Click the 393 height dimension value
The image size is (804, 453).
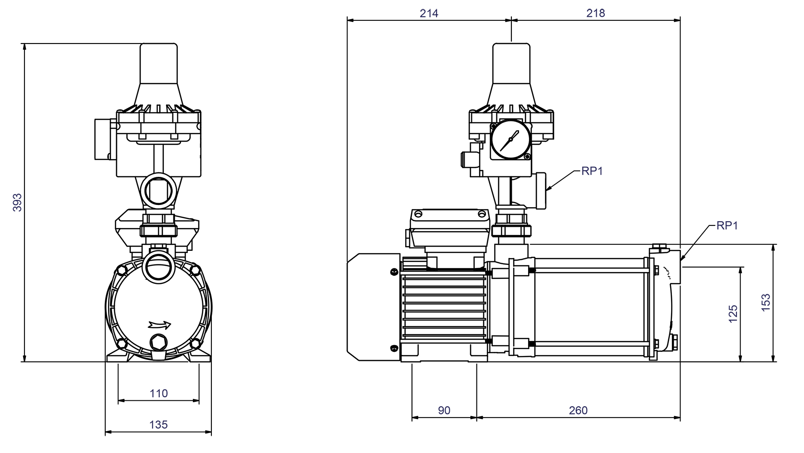click(17, 202)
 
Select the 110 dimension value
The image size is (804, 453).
click(159, 393)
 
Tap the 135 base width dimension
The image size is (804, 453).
click(158, 424)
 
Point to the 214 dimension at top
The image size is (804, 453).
click(429, 13)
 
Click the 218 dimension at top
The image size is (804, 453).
click(595, 13)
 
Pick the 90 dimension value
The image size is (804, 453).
click(444, 410)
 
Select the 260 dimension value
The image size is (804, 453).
click(578, 410)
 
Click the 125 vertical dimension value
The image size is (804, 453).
click(733, 314)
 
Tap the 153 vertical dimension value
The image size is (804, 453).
click(766, 302)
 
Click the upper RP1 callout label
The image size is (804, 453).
click(592, 171)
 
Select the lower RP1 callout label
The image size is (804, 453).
click(727, 226)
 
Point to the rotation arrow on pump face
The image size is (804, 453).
click(159, 325)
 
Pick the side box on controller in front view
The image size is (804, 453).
click(105, 139)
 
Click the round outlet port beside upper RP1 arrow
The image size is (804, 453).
click(540, 190)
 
